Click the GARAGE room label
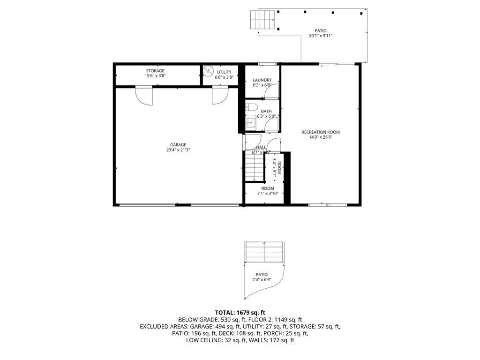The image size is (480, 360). coord(178,144)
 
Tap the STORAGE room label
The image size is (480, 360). coord(155,71)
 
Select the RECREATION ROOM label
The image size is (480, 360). coord(321,132)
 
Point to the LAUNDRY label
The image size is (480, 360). coord(262,80)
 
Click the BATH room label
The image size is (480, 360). coord(266,111)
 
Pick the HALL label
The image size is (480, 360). coord(261,147)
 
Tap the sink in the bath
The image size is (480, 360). coord(250,123)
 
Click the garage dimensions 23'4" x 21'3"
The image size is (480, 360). coord(178,150)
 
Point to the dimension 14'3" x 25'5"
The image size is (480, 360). coord(321,138)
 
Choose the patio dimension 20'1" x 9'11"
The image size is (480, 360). coord(321,36)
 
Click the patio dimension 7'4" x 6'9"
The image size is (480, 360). coord(262,280)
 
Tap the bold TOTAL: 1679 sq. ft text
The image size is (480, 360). coord(240,312)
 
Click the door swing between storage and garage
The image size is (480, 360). coord(144,96)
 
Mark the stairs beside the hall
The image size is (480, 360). coord(254,166)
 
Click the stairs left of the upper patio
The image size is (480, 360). coord(262,20)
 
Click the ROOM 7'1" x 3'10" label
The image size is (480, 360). coord(267,191)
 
